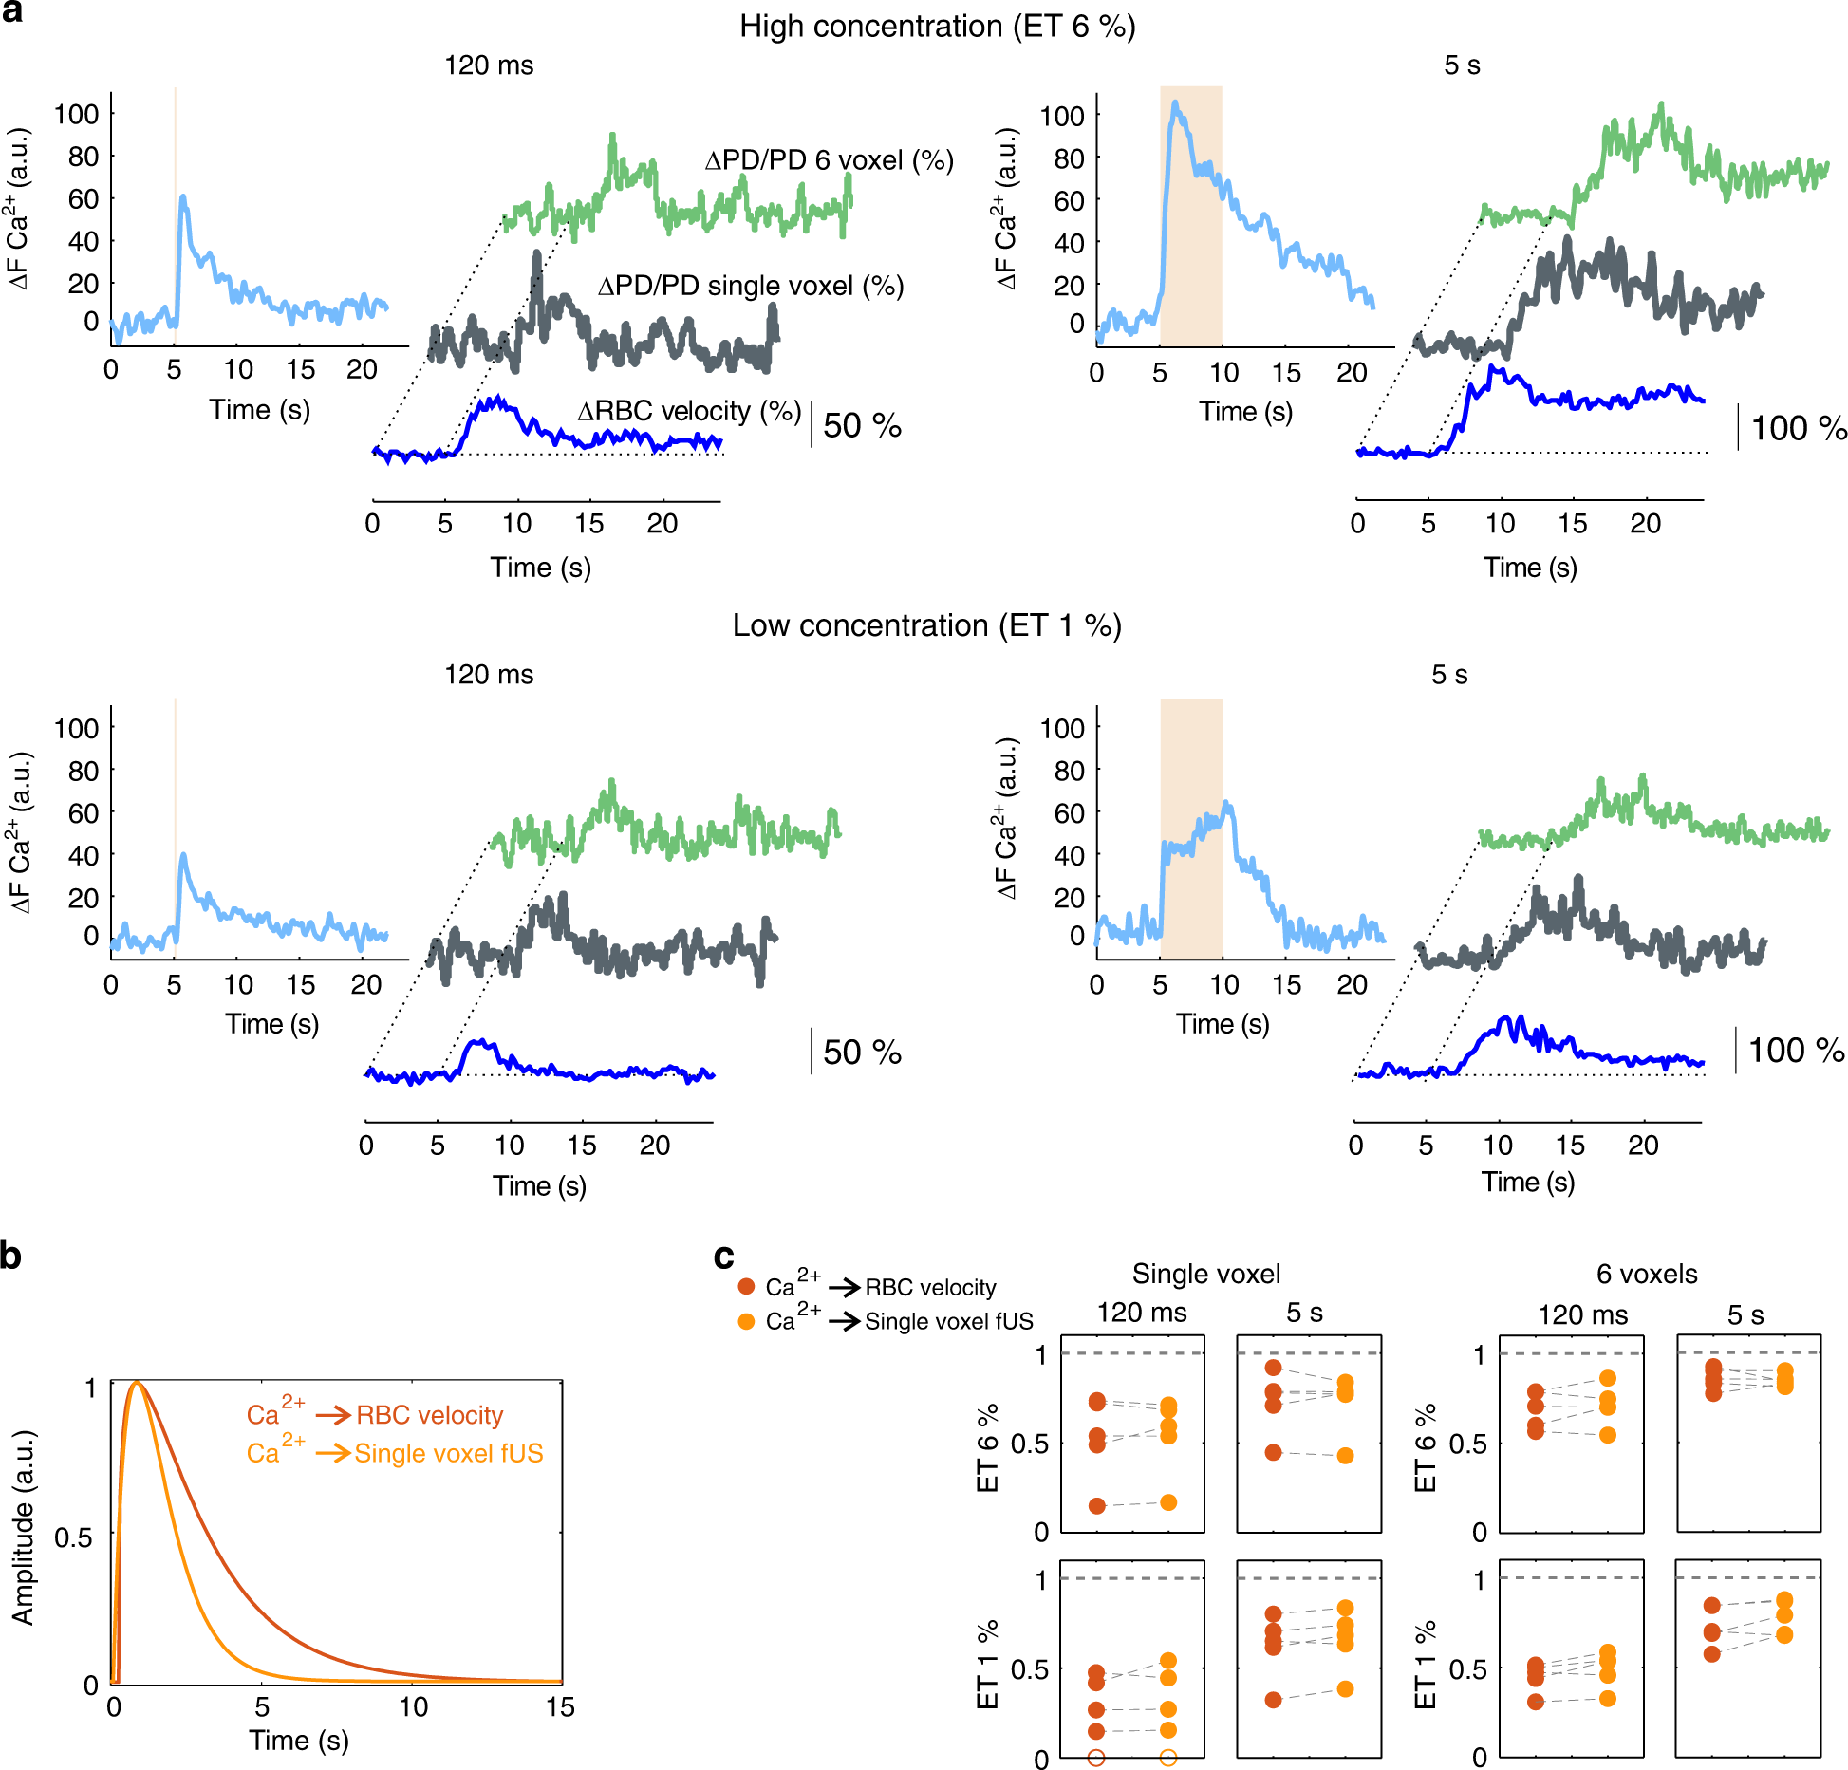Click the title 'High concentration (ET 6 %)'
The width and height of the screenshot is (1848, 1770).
point(937,27)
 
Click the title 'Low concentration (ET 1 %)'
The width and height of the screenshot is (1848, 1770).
point(926,625)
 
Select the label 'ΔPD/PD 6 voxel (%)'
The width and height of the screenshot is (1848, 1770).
point(829,160)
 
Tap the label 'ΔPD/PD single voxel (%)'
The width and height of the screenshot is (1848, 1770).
point(750,286)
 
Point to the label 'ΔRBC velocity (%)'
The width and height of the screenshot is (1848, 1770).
point(689,411)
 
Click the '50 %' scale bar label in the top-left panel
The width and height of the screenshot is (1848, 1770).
point(861,425)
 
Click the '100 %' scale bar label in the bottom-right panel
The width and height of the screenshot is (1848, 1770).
point(1796,1050)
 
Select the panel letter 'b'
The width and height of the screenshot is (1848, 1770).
point(10,1256)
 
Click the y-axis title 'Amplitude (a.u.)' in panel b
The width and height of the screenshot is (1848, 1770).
point(23,1528)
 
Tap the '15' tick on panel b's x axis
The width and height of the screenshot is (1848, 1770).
point(560,1707)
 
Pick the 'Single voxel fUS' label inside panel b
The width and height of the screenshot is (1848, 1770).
point(449,1454)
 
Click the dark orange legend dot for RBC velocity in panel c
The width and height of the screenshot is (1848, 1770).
point(746,1287)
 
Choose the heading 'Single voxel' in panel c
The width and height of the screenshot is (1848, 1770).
point(1205,1274)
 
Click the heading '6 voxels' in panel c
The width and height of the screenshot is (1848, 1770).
point(1647,1274)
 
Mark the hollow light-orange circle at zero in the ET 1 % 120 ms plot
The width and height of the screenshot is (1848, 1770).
point(1168,1758)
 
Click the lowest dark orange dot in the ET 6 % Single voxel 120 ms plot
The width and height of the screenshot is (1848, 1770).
point(1096,1505)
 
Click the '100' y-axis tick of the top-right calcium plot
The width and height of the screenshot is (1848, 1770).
point(1062,116)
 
